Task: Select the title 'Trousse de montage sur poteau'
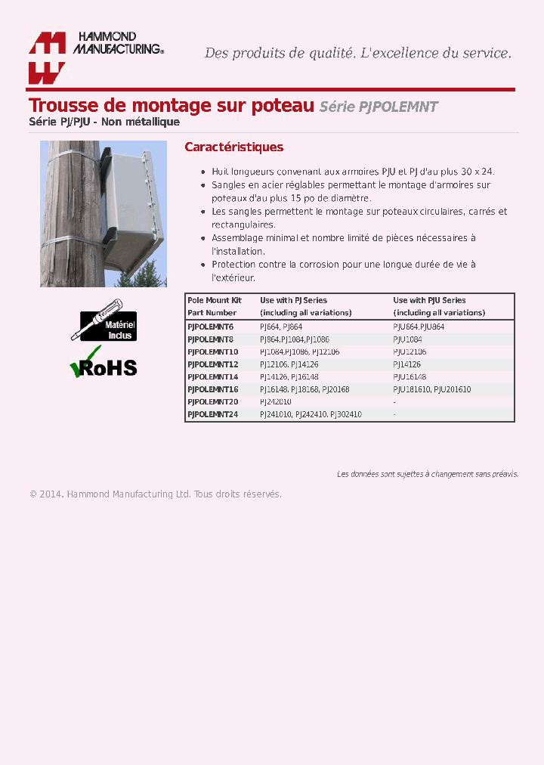pyautogui.click(x=171, y=106)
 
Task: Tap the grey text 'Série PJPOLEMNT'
pyautogui.click(x=379, y=107)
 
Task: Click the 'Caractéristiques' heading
pyautogui.click(x=234, y=147)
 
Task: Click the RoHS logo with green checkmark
pyautogui.click(x=104, y=363)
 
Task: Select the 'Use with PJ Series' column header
pyautogui.click(x=293, y=300)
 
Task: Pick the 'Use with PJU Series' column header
pyautogui.click(x=429, y=300)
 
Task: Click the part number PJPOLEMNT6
pyautogui.click(x=210, y=327)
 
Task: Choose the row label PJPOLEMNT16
pyautogui.click(x=212, y=389)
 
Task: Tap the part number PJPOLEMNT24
pyautogui.click(x=212, y=414)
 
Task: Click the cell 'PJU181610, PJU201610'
pyautogui.click(x=431, y=389)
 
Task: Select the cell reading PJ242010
pyautogui.click(x=275, y=401)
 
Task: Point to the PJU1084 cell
pyautogui.click(x=407, y=339)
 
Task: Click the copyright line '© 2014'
pyautogui.click(x=156, y=494)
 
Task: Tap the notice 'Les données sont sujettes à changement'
pyautogui.click(x=427, y=474)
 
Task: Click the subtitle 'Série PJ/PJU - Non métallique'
pyautogui.click(x=104, y=122)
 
